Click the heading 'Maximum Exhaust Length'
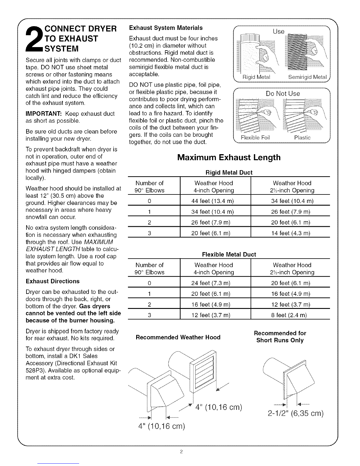click(229, 158)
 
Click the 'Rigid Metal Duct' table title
click(229, 172)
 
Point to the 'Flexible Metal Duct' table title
click(229, 254)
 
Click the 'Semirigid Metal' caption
click(307, 77)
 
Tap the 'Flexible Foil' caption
click(255, 138)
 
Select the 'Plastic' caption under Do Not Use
click(302, 138)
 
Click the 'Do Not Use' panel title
click(283, 94)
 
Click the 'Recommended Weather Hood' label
click(178, 337)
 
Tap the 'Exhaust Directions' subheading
click(53, 281)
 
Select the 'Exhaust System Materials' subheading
click(166, 28)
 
